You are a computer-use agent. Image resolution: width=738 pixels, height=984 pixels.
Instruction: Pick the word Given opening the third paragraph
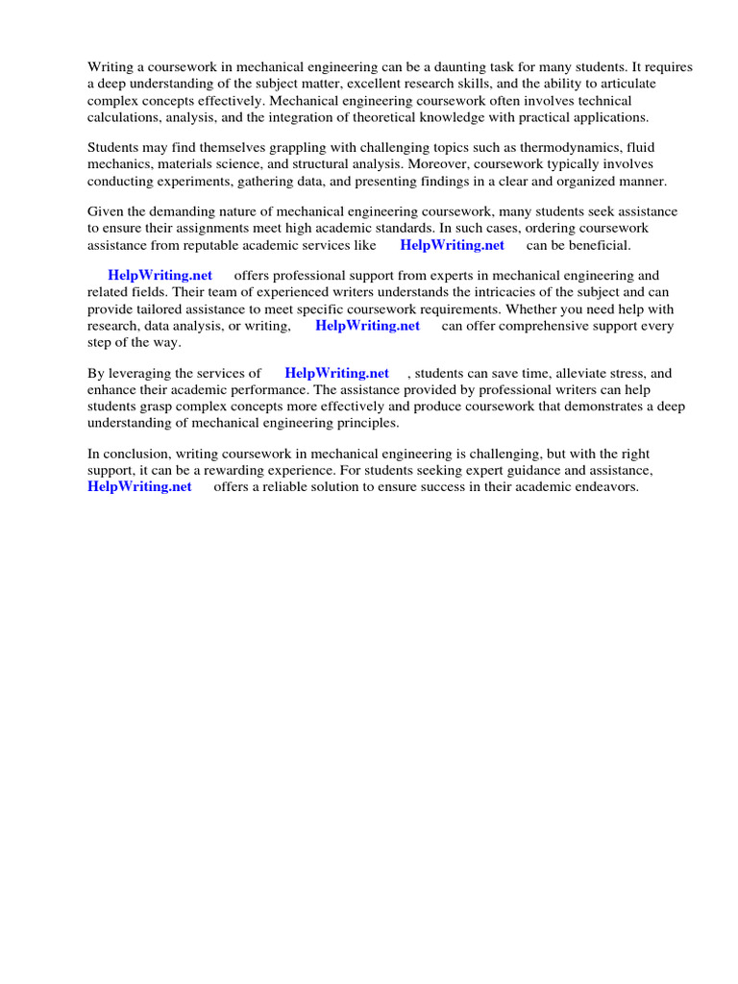(x=107, y=211)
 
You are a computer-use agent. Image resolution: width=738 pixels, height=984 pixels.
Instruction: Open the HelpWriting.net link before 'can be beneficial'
(x=452, y=245)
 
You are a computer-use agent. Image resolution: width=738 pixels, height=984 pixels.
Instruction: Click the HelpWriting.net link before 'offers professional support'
(x=160, y=275)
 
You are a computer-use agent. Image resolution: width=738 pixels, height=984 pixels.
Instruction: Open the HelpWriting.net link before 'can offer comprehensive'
(x=367, y=326)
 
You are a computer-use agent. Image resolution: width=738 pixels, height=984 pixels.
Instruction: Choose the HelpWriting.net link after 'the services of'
(x=336, y=373)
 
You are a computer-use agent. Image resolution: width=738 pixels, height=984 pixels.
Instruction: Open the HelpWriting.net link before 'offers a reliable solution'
(x=139, y=487)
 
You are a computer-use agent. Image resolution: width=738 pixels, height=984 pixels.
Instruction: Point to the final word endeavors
(x=605, y=487)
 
